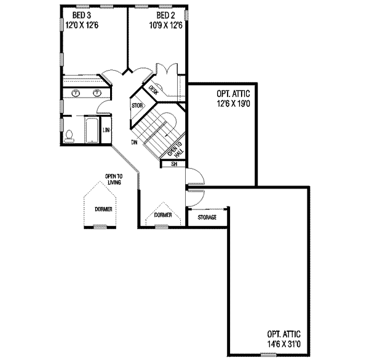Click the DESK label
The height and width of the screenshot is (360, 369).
154,90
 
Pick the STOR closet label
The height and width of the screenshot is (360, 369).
137,106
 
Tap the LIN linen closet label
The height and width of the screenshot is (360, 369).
106,130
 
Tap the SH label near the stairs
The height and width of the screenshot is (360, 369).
173,164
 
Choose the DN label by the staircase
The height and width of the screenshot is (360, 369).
133,143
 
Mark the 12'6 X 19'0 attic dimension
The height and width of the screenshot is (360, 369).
233,104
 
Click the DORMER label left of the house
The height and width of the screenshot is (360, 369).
103,209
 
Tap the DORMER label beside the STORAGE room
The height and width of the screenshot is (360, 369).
163,216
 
